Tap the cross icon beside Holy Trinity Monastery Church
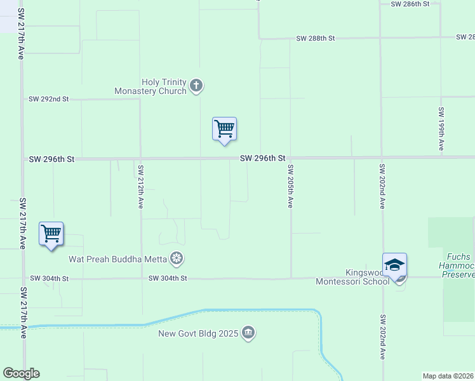click(x=196, y=85)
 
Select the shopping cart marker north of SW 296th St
click(x=224, y=129)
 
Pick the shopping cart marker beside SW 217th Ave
click(x=51, y=234)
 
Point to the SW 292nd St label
click(x=49, y=100)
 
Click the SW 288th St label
click(x=315, y=39)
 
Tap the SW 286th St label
click(x=410, y=4)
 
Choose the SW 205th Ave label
click(x=290, y=186)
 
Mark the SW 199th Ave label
click(x=441, y=129)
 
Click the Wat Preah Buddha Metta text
click(x=117, y=259)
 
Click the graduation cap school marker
click(x=394, y=265)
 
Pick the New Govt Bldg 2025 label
click(x=198, y=333)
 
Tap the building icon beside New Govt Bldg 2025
click(x=248, y=333)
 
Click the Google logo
click(x=21, y=373)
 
